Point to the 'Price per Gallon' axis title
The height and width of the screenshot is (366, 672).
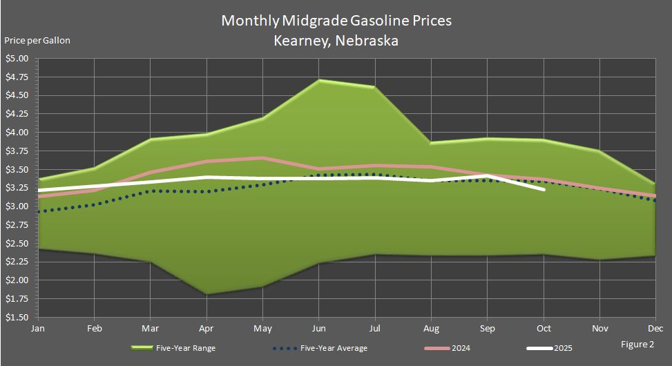(x=37, y=41)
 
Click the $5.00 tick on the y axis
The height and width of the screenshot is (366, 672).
(x=17, y=59)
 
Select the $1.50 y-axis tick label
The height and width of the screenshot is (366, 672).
(x=17, y=318)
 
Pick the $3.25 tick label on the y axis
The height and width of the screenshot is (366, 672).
(x=17, y=188)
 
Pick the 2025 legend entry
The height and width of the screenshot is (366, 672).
(x=561, y=348)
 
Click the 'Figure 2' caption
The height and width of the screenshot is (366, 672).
(x=636, y=343)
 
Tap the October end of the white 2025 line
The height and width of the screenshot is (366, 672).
(x=544, y=189)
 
